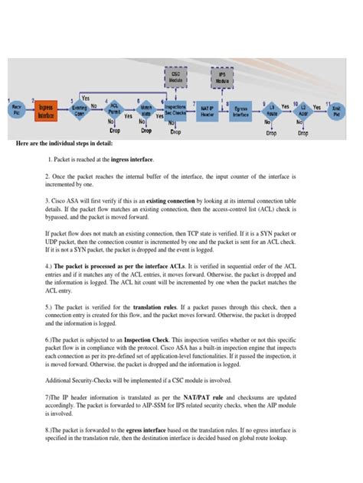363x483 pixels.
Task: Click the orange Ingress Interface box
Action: click(45, 112)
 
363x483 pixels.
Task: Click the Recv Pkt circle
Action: click(15, 112)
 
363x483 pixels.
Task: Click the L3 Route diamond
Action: click(272, 112)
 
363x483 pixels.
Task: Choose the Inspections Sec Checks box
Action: click(175, 112)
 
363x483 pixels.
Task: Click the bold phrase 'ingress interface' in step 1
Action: click(126, 160)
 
